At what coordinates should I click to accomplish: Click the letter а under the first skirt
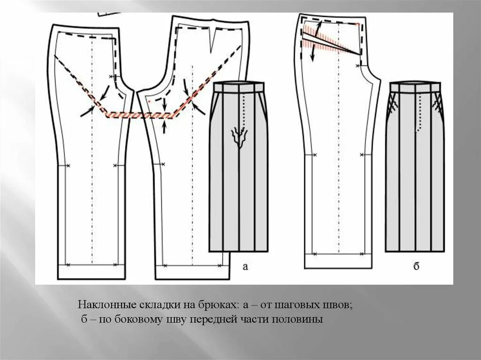[x=245, y=267]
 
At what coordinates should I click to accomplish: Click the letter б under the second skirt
[x=416, y=267]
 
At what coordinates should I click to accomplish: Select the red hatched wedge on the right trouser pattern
[x=329, y=43]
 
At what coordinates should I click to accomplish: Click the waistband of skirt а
[x=239, y=87]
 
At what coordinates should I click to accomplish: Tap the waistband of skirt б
[x=415, y=87]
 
